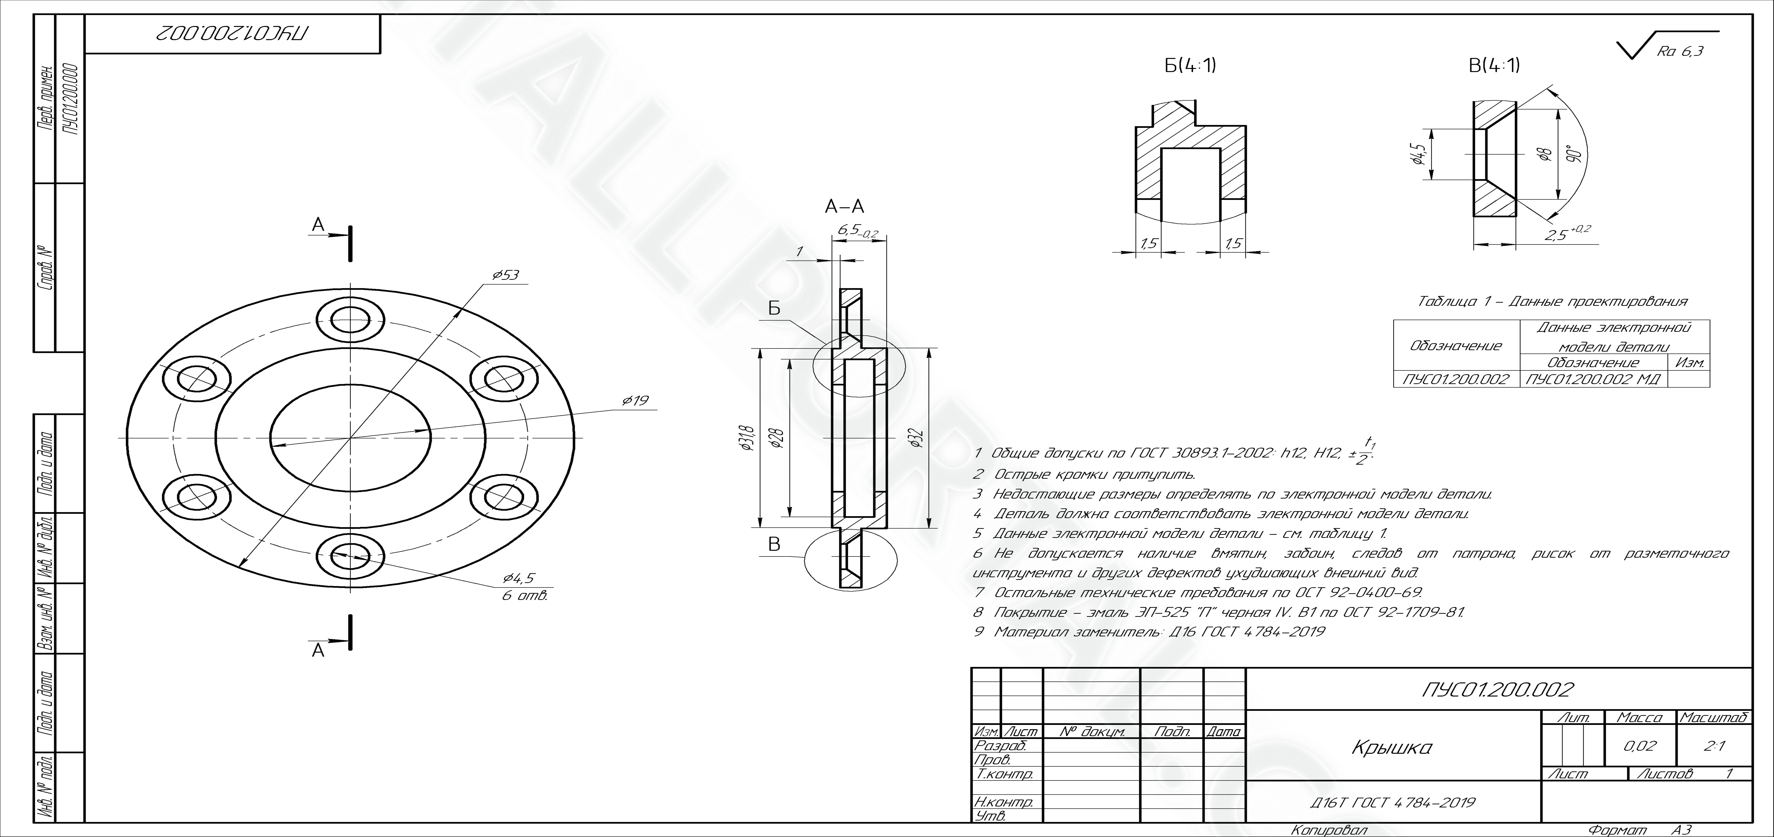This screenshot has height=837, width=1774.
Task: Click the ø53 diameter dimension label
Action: pos(506,275)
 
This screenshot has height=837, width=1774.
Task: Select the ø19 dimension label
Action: pos(635,400)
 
